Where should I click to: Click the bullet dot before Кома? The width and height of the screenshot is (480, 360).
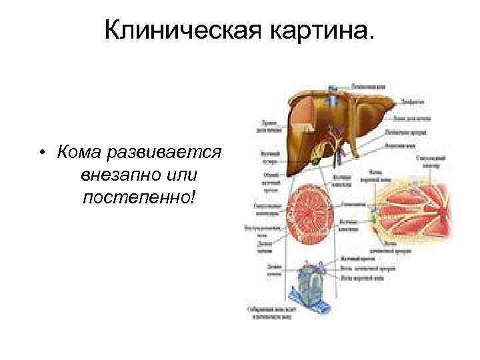tap(41, 154)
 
